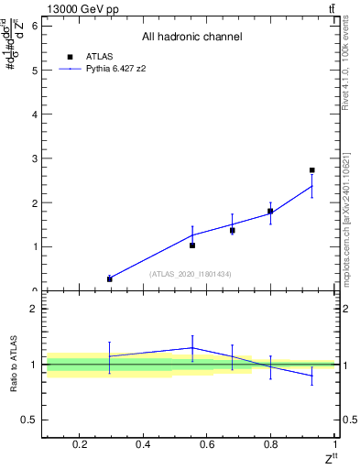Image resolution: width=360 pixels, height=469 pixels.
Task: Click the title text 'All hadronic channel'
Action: click(x=191, y=37)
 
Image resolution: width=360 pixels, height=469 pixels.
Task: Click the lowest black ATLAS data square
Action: click(x=110, y=278)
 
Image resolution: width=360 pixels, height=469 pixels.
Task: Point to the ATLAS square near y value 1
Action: click(x=192, y=245)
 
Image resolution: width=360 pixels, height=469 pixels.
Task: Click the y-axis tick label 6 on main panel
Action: click(x=34, y=26)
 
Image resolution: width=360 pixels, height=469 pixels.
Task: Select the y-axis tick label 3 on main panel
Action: click(x=34, y=158)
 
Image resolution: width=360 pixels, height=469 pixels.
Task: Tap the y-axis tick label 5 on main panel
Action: click(x=34, y=70)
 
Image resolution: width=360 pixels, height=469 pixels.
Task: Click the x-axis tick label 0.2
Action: click(x=79, y=445)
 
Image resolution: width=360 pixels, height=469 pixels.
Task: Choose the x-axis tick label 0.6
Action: click(x=207, y=445)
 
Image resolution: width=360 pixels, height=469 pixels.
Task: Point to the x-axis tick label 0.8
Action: click(x=271, y=445)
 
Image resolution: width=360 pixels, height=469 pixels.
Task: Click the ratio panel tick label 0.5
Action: click(x=29, y=420)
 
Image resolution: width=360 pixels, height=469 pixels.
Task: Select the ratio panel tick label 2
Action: click(x=34, y=309)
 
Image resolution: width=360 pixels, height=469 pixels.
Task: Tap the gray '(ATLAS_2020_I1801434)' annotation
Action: click(x=191, y=274)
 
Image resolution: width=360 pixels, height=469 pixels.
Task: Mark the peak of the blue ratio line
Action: click(x=192, y=347)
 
